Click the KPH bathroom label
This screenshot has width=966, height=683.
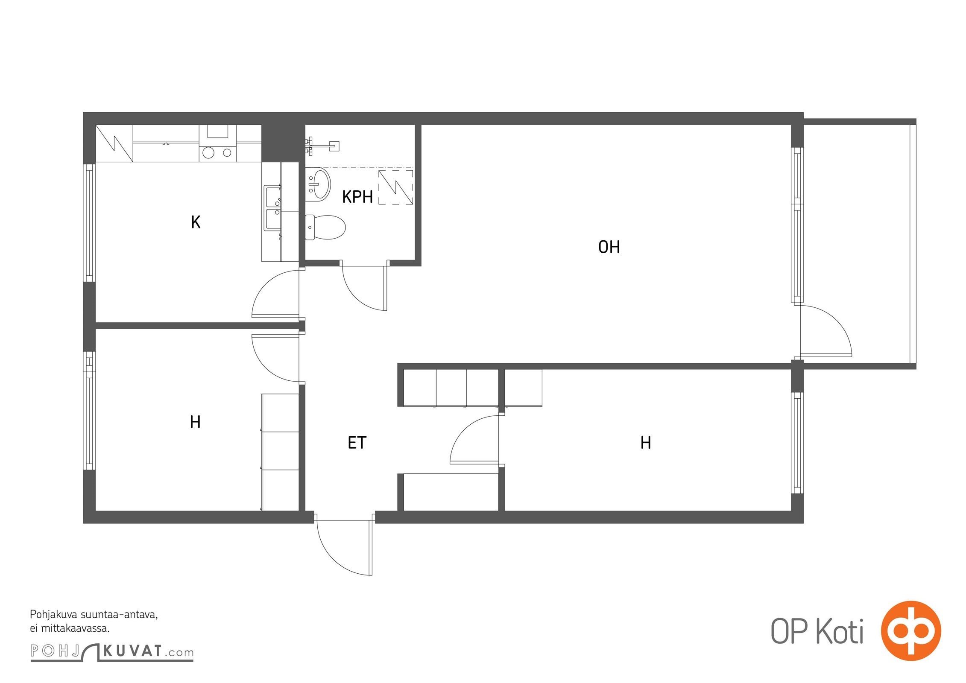click(357, 197)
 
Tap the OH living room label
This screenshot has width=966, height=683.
click(609, 247)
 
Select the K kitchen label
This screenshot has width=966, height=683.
click(196, 222)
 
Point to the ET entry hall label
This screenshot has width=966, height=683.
click(357, 443)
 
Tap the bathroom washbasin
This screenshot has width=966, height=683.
click(318, 184)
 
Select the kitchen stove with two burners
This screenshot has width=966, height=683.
click(217, 152)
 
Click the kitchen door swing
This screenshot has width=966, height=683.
click(275, 294)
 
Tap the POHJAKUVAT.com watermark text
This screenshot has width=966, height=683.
click(112, 652)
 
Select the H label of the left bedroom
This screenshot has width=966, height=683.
click(195, 422)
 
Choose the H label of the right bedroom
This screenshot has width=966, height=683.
click(646, 443)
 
